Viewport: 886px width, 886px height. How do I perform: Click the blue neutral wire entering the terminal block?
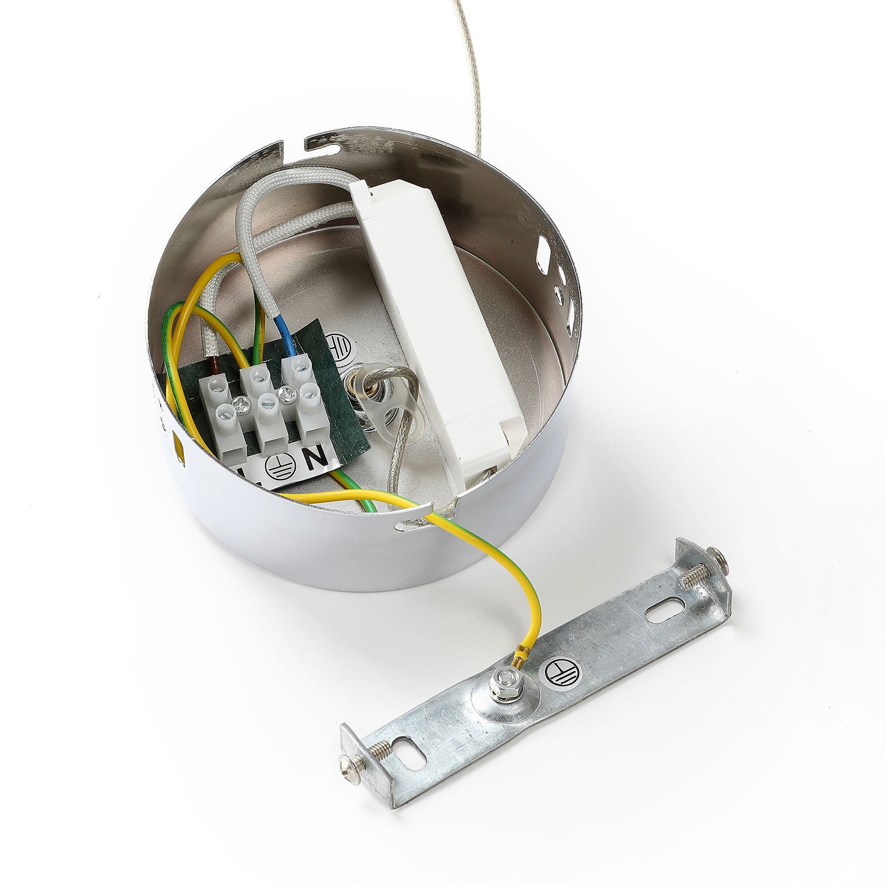286,340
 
